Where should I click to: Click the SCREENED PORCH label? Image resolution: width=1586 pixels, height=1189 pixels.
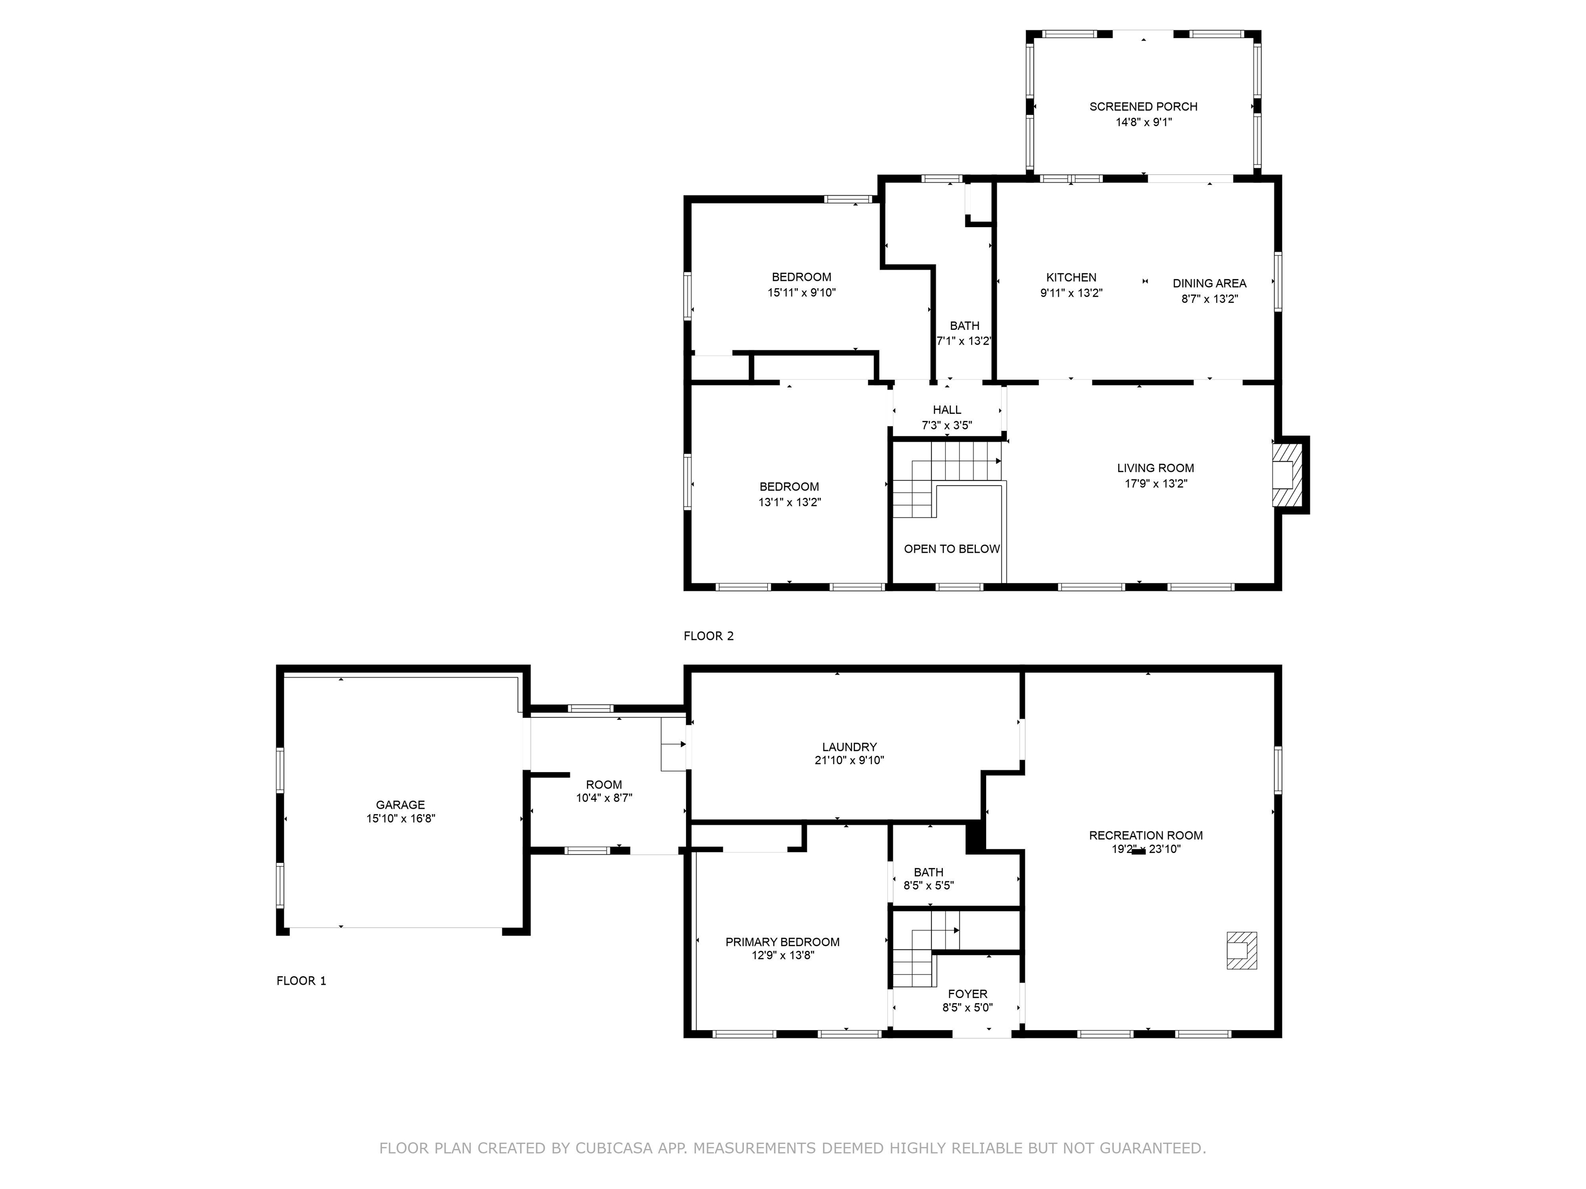click(x=1143, y=107)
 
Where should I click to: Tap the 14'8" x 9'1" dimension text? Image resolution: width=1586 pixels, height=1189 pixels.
click(x=1143, y=122)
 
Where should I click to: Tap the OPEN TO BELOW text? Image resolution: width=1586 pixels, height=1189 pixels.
click(x=951, y=549)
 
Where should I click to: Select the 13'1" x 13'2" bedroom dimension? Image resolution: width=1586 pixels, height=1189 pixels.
click(x=789, y=503)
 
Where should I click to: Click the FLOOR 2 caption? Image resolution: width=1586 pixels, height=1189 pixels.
click(x=708, y=636)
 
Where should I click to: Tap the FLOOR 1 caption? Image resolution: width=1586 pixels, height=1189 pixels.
click(x=301, y=981)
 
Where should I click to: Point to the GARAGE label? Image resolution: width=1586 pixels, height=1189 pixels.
click(x=400, y=805)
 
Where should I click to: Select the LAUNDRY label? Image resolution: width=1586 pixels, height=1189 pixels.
click(x=849, y=747)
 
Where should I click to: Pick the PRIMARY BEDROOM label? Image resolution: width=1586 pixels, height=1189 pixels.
click(x=782, y=942)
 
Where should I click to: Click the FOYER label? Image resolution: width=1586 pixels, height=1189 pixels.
click(x=967, y=994)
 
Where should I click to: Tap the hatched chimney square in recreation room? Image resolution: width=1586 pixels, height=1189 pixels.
click(x=1241, y=951)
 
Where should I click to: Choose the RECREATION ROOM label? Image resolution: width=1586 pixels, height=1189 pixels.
click(x=1145, y=835)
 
